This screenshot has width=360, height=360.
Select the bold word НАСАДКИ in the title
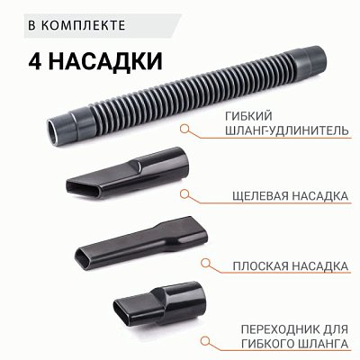(x=106, y=63)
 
